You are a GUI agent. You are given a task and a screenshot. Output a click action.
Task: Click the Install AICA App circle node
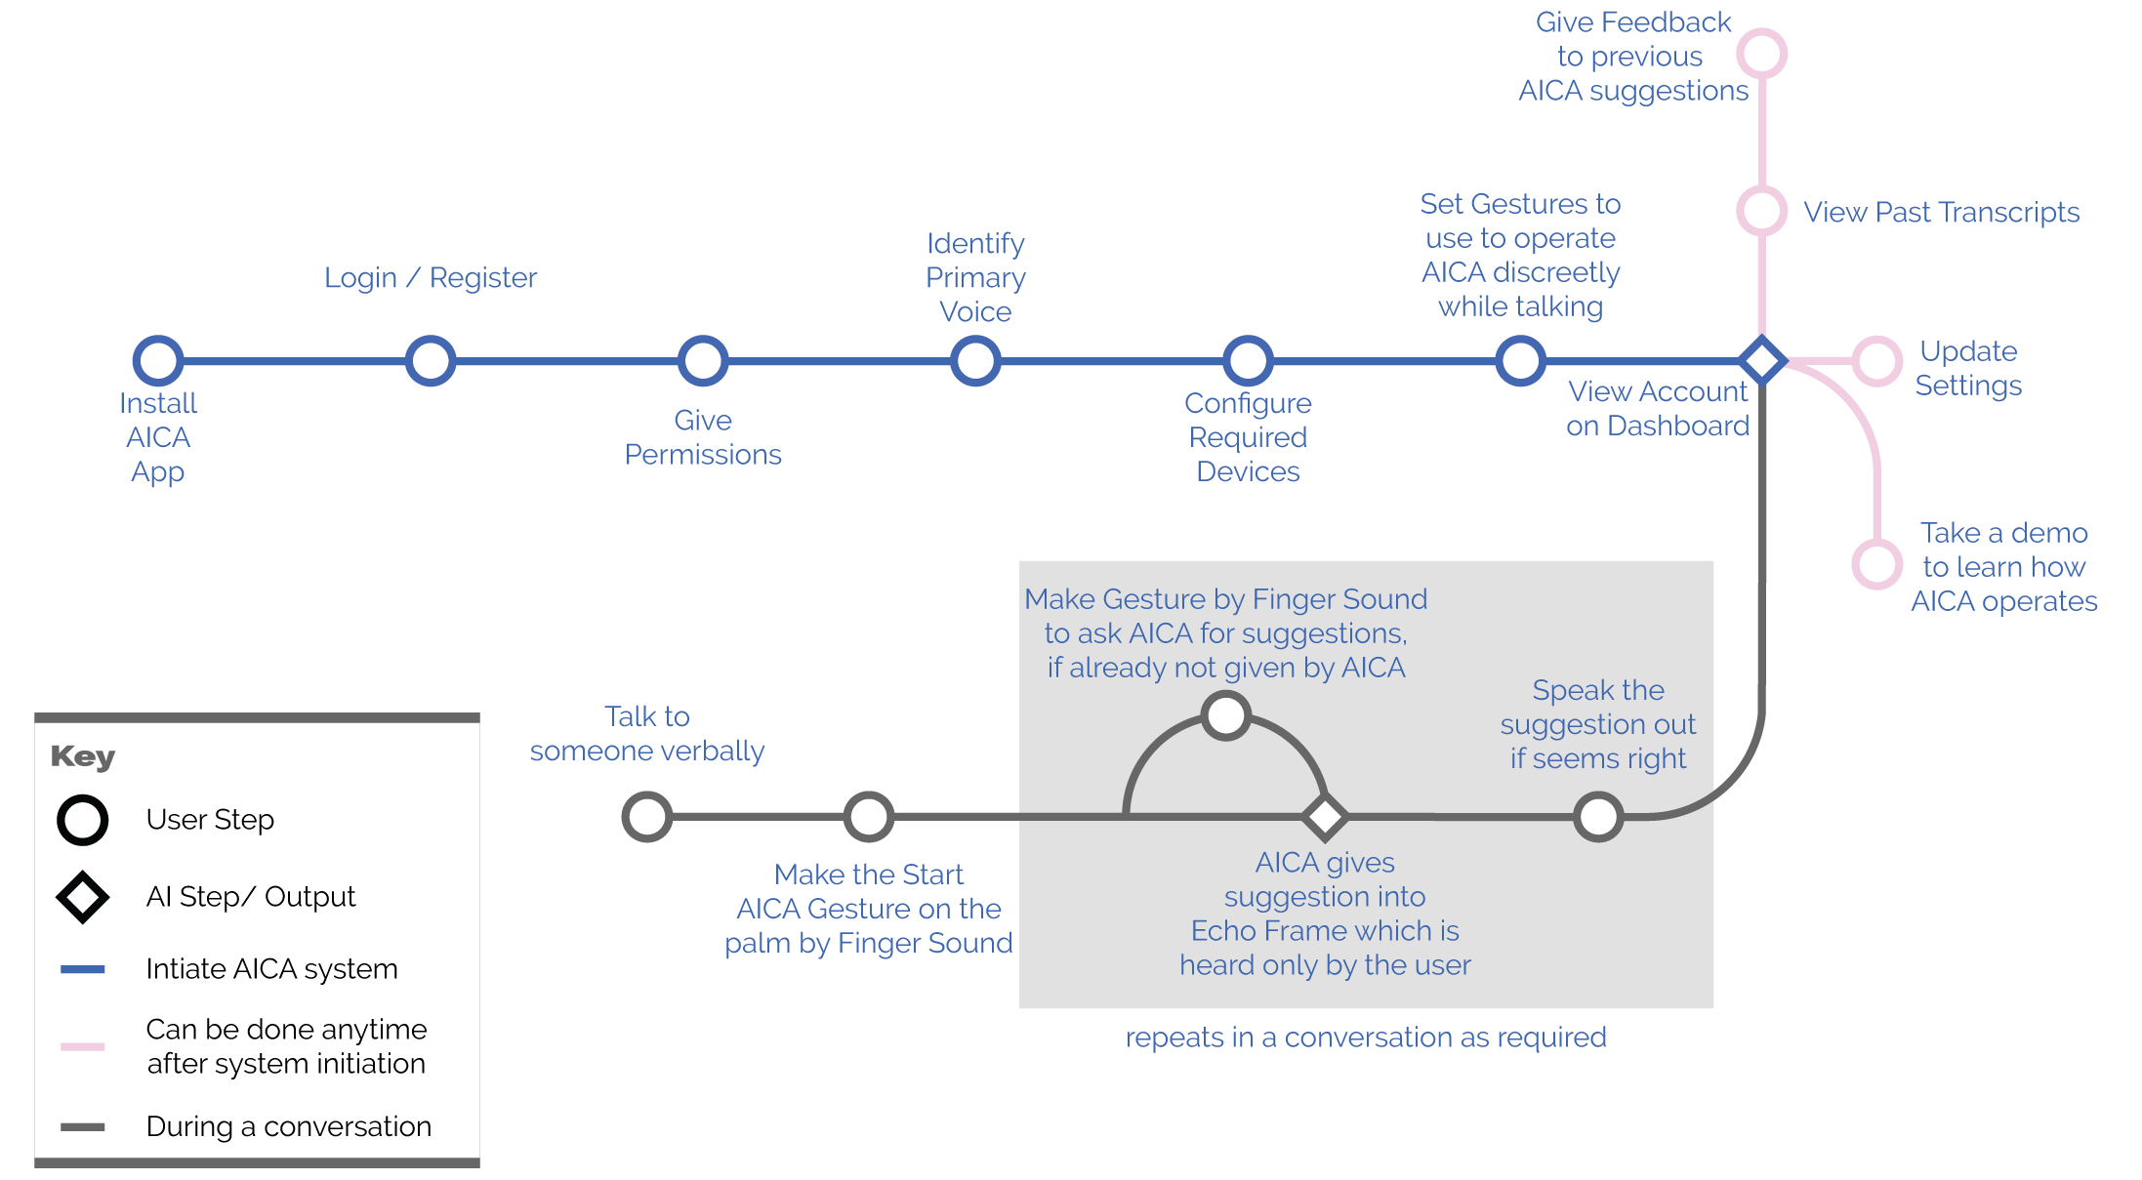[158, 361]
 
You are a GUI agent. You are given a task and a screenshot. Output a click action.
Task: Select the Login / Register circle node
[431, 361]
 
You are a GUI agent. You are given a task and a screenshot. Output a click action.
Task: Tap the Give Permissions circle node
[703, 361]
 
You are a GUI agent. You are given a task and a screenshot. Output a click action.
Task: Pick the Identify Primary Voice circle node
[975, 361]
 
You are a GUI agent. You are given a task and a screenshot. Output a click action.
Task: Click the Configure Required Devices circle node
[1248, 361]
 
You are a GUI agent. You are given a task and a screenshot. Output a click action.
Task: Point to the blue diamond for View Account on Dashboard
[1762, 361]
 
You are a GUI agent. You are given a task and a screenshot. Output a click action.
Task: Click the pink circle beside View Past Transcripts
[1762, 211]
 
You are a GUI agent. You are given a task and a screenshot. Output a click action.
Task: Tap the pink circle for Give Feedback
[1762, 54]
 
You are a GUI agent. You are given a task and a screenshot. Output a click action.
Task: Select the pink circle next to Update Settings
[1876, 361]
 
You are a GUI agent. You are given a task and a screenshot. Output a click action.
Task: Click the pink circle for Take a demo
[1876, 564]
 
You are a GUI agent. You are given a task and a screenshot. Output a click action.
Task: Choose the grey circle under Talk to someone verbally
[647, 817]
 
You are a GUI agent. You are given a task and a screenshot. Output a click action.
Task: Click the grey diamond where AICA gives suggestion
[1325, 817]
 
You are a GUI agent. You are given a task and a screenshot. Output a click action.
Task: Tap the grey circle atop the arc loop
[1226, 715]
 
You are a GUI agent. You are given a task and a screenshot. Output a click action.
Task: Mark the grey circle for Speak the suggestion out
[1598, 817]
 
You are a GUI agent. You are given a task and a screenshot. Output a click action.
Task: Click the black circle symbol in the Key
[83, 820]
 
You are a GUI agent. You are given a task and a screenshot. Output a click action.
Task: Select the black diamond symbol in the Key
[83, 897]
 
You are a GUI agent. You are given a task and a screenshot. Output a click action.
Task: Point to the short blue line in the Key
[83, 969]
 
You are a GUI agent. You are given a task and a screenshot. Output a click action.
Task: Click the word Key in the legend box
[83, 756]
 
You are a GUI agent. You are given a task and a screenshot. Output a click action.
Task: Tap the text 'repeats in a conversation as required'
[1365, 1038]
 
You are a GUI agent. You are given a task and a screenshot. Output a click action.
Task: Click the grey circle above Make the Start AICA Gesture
[869, 817]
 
